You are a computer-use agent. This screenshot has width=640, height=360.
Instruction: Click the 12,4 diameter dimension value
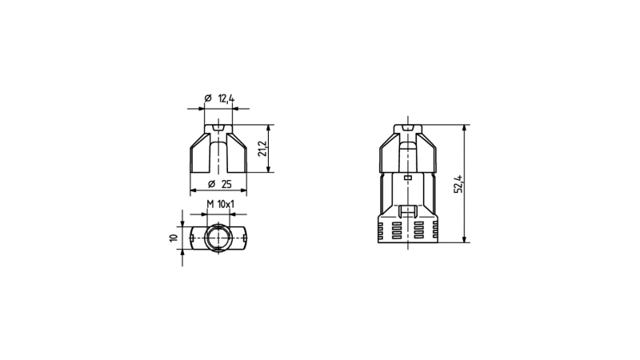[x=226, y=98]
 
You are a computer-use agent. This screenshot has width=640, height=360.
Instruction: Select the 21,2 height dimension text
[x=262, y=149]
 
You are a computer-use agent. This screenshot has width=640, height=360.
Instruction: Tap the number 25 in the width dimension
[x=226, y=184]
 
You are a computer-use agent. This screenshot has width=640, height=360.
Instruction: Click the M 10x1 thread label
[x=221, y=204]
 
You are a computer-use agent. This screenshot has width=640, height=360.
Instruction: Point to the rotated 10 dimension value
[x=174, y=238]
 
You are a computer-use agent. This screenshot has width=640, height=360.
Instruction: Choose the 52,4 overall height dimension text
[x=458, y=184]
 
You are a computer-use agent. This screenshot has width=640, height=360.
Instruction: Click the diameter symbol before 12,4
[x=208, y=98]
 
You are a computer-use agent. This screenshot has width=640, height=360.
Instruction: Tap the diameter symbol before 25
[x=211, y=184]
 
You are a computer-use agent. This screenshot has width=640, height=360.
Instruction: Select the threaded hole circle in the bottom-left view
[x=218, y=238]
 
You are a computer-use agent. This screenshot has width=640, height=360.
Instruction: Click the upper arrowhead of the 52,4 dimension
[x=464, y=129]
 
